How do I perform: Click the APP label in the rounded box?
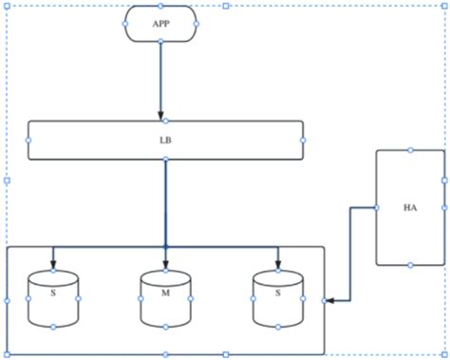(x=160, y=23)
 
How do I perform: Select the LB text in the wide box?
(x=165, y=140)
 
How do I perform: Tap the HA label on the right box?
(x=410, y=207)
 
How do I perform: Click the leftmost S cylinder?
(x=53, y=298)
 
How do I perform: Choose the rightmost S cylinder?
(x=278, y=298)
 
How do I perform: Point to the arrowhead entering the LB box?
(x=161, y=115)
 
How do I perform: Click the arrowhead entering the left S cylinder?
(x=53, y=264)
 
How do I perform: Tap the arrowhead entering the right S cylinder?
(x=278, y=264)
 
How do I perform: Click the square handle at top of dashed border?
(x=225, y=6)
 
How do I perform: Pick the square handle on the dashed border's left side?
(x=7, y=180)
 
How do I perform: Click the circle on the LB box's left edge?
(x=28, y=140)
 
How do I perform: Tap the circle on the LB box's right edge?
(x=303, y=140)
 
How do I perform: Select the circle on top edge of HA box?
(x=410, y=149)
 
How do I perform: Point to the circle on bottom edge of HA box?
(x=410, y=265)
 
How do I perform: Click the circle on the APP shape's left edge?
(x=126, y=23)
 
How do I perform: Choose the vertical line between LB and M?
(x=166, y=199)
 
